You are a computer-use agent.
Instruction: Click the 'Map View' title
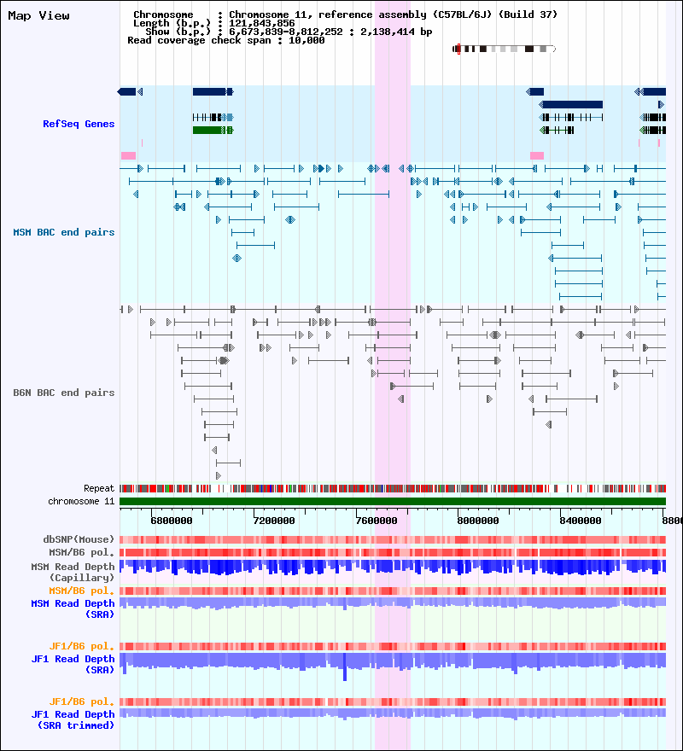(x=38, y=16)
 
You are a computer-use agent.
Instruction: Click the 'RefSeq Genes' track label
(x=79, y=124)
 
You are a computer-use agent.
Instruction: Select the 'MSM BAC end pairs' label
(x=64, y=232)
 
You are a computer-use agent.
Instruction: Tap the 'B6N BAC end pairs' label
(x=64, y=393)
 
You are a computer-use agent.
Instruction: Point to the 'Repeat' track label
(x=99, y=488)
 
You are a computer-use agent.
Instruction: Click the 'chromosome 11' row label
(x=81, y=502)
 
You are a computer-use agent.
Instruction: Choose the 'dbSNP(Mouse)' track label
(x=79, y=539)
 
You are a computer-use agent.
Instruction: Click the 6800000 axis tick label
(x=171, y=521)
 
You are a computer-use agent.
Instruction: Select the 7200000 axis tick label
(x=274, y=521)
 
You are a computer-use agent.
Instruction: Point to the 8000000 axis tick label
(x=478, y=521)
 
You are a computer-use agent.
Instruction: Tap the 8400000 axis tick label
(x=581, y=521)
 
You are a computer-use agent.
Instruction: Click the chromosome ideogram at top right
(x=504, y=49)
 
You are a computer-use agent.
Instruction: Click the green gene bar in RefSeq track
(x=213, y=130)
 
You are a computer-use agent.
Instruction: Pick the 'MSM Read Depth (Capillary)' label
(x=73, y=573)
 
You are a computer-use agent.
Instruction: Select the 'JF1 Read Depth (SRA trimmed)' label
(x=73, y=720)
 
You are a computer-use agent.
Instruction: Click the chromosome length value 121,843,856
(x=262, y=24)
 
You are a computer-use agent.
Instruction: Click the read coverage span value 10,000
(x=306, y=41)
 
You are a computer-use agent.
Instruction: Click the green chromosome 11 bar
(x=393, y=502)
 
